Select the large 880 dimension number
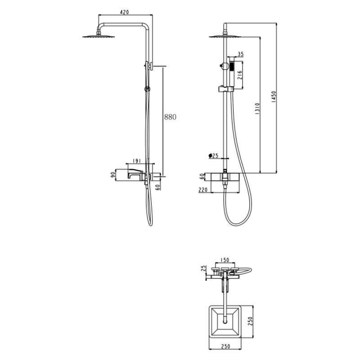point(171,117)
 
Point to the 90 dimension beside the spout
point(113,175)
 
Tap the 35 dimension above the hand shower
point(240,54)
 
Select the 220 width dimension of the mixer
point(203,190)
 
